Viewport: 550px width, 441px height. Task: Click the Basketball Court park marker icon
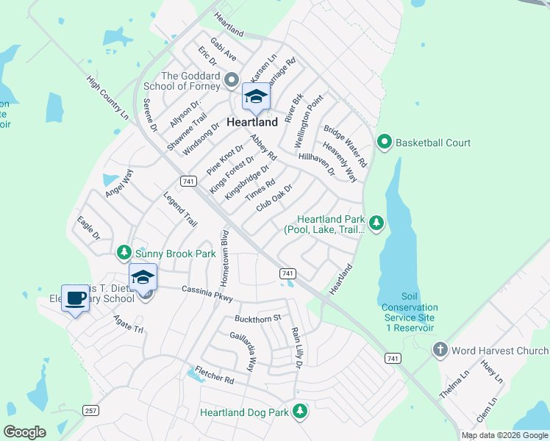coord(383,142)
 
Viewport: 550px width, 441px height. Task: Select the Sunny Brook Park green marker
coord(124,254)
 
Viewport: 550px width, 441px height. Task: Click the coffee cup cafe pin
coord(74,298)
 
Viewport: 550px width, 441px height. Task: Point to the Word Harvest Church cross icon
coord(440,350)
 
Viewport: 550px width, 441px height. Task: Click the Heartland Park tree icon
coord(376,222)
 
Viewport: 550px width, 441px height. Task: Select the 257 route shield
coord(90,410)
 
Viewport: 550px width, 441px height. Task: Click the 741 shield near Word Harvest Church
coord(393,358)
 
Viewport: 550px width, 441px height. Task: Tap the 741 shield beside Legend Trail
coord(187,181)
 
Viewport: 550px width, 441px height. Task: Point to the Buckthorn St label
coord(257,318)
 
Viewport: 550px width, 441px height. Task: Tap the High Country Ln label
coord(107,98)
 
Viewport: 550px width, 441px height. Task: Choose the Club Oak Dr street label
coord(274,198)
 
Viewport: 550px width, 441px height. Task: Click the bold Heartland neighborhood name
coord(252,122)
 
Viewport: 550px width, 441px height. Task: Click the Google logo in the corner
coord(24,431)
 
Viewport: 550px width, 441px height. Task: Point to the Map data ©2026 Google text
coord(504,435)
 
